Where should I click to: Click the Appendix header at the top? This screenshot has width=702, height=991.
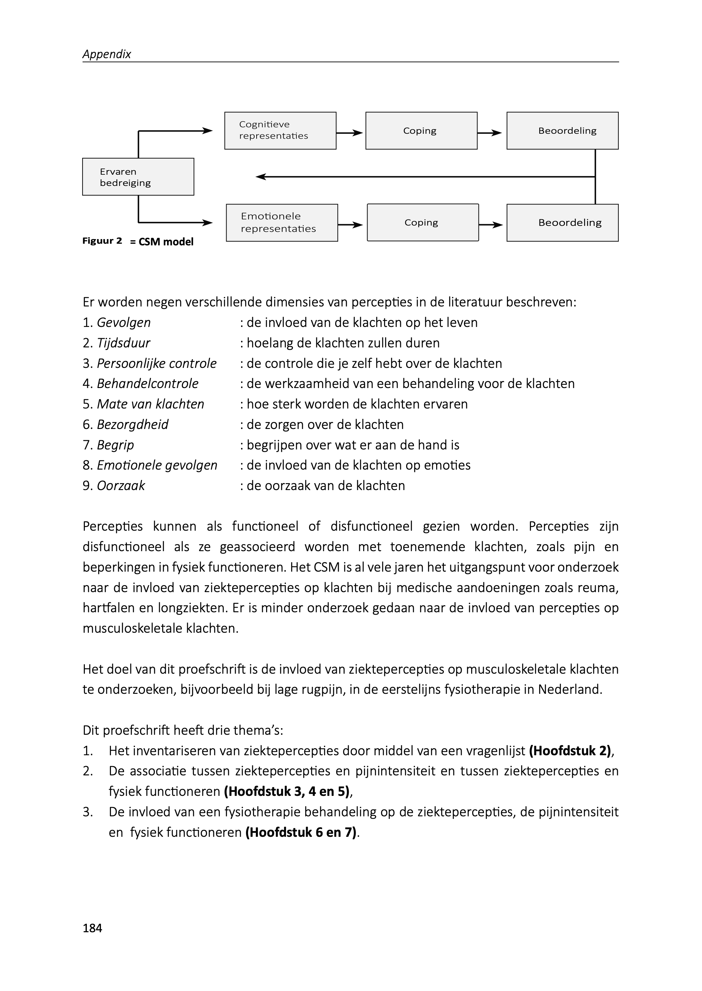(x=106, y=54)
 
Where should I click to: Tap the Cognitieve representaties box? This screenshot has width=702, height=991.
(x=280, y=130)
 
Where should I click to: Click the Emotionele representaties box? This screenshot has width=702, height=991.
(x=282, y=223)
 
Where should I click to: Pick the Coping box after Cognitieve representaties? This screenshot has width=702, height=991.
(x=421, y=130)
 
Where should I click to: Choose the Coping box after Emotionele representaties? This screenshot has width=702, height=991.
(x=423, y=223)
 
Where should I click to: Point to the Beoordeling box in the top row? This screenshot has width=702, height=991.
(x=562, y=130)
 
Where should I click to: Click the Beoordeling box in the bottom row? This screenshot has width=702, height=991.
(x=562, y=223)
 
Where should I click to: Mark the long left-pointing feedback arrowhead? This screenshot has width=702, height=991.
(x=260, y=177)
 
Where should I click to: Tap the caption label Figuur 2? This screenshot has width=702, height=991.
(x=102, y=241)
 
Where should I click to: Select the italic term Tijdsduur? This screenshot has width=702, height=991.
(x=123, y=343)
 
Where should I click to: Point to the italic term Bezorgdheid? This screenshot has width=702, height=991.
(x=132, y=424)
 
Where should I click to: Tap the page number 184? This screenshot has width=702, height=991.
(x=92, y=928)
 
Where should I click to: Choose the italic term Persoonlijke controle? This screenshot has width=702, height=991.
(x=157, y=364)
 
